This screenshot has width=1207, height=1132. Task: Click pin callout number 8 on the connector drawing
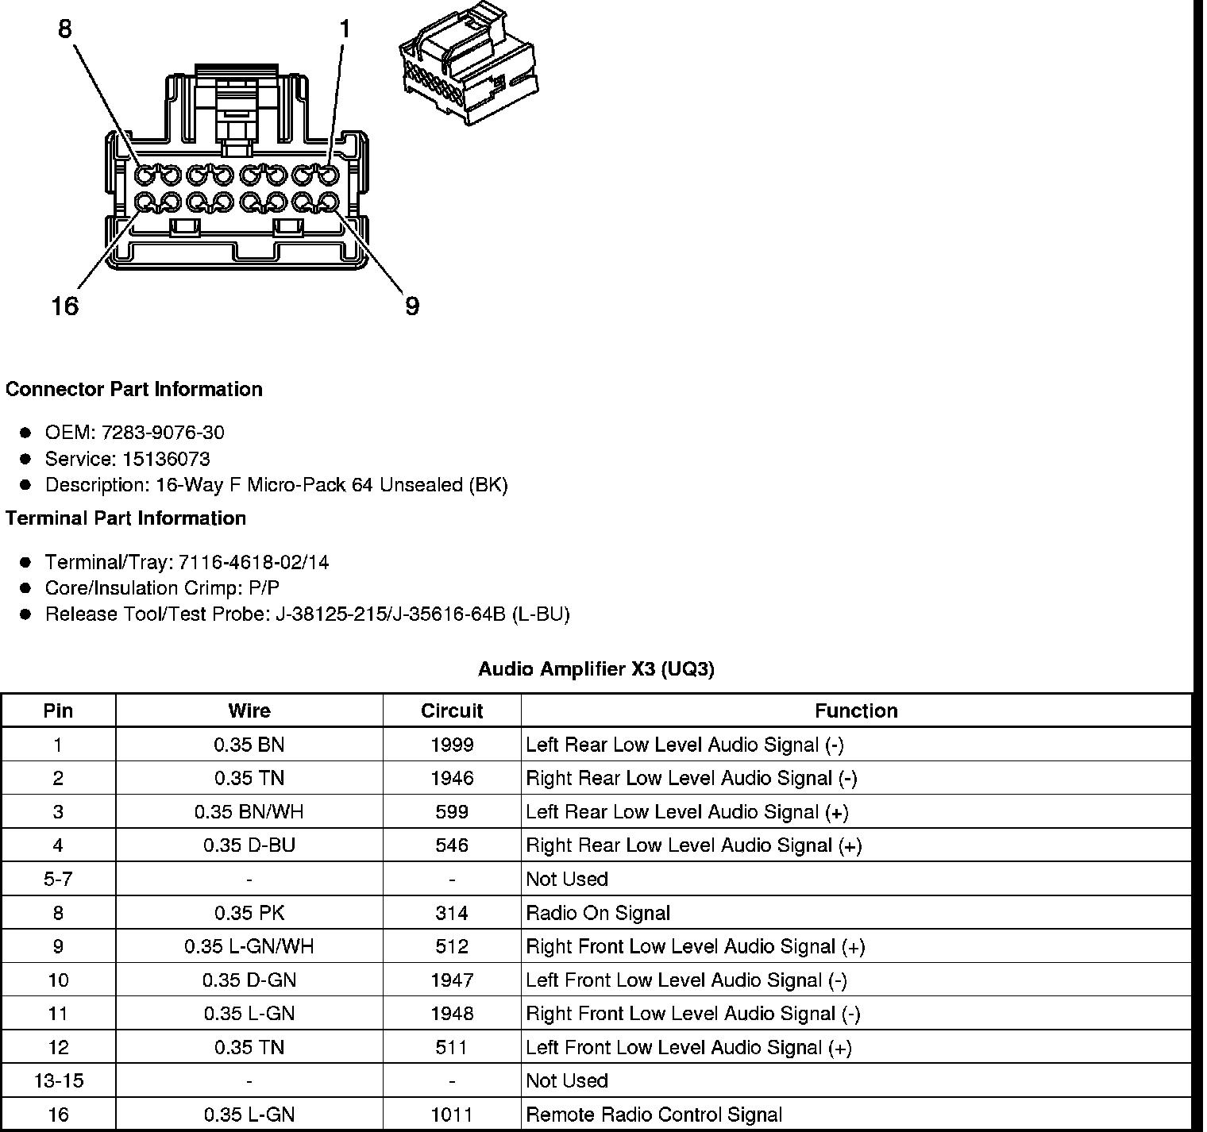pos(65,29)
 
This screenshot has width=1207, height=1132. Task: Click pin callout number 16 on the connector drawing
pos(65,306)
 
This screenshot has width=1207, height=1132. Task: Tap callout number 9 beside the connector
pos(411,306)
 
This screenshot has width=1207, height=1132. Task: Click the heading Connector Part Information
pos(134,389)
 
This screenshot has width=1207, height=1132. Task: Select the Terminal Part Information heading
pos(125,518)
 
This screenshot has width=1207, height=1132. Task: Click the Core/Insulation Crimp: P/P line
pos(162,588)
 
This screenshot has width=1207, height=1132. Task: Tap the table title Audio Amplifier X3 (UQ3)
pos(596,669)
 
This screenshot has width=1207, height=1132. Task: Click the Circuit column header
pos(452,710)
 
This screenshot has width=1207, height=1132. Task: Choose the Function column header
pos(856,710)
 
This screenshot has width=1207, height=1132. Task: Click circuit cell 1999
pos(452,745)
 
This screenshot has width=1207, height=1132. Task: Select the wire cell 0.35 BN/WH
pos(249,812)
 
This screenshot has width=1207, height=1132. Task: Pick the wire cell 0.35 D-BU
pos(249,845)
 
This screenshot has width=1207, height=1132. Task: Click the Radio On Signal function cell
pos(598,913)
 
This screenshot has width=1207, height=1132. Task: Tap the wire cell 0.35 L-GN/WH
pos(249,946)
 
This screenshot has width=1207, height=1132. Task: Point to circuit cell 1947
pos(452,980)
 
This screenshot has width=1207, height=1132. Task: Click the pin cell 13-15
pos(58,1080)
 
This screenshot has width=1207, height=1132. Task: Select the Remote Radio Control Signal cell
pos(654,1115)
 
